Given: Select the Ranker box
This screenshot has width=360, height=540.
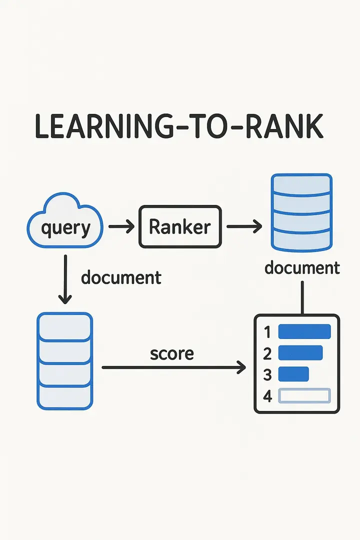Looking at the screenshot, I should (179, 226).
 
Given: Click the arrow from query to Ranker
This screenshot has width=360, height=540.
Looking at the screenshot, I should (121, 227).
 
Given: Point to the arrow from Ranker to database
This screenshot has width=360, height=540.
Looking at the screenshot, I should (244, 227).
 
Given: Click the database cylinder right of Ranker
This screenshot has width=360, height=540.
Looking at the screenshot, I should (301, 212).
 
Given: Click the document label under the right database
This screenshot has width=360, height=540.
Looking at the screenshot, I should (302, 267).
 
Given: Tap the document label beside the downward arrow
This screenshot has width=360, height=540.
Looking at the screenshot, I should (121, 277).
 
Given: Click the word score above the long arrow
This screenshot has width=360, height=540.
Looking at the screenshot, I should (171, 353).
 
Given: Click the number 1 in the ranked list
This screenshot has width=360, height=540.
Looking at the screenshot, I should (267, 332).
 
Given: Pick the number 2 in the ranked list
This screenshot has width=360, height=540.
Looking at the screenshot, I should (267, 353).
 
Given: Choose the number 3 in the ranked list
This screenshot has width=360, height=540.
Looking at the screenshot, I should (267, 374).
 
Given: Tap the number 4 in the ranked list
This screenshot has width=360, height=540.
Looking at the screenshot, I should (267, 396).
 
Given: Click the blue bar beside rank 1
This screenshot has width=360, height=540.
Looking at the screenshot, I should (304, 331).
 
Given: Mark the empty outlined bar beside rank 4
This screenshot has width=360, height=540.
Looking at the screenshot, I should (304, 395).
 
